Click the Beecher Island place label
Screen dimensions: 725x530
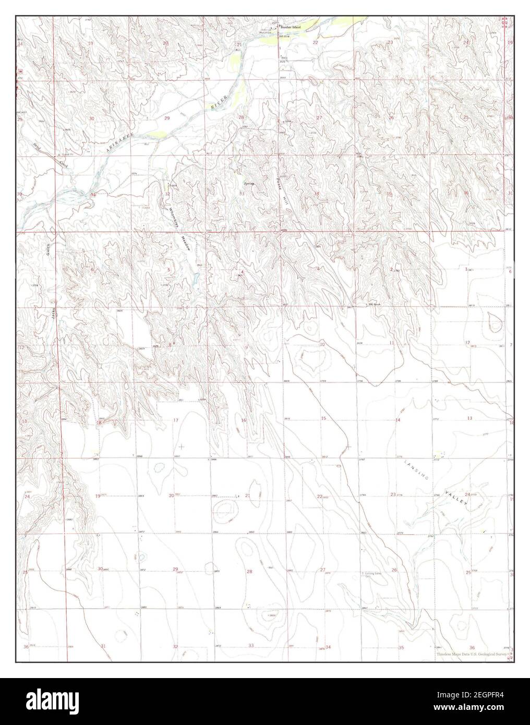coord(293,27)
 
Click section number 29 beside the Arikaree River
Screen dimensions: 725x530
coord(167,118)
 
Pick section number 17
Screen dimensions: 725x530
coord(176,420)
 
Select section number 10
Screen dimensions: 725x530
coord(322,344)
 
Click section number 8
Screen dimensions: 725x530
coord(169,344)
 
